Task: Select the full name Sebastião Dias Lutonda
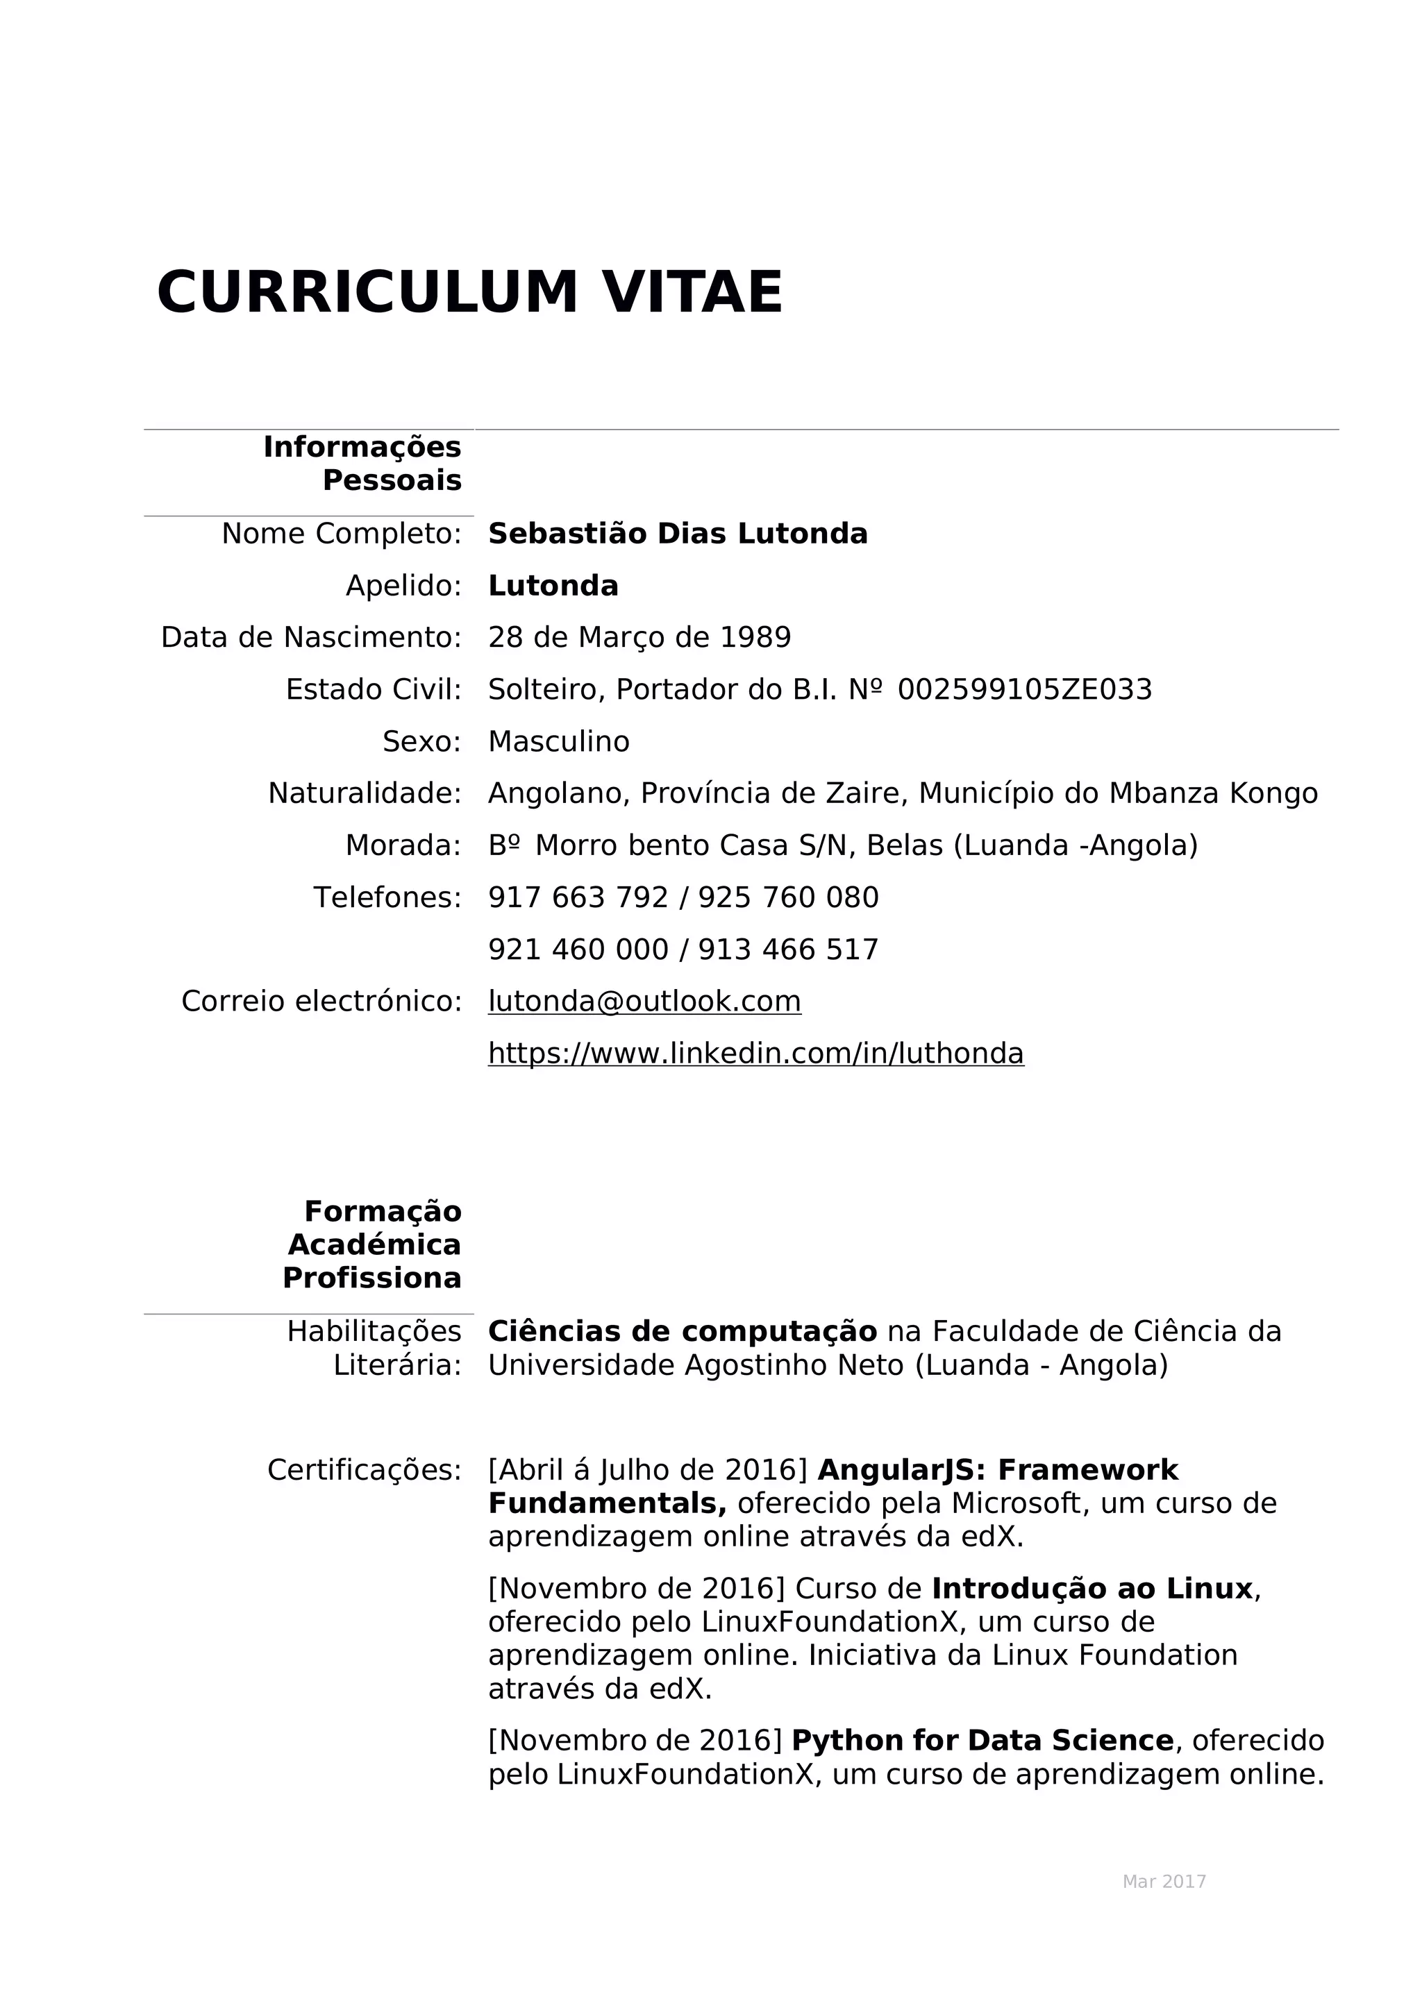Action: tap(677, 533)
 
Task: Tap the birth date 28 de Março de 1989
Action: tap(639, 637)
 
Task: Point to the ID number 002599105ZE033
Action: tap(1024, 690)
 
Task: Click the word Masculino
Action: tap(559, 741)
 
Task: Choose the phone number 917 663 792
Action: tap(578, 897)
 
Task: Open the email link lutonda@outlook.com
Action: tap(644, 1001)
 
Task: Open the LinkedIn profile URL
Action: tap(755, 1052)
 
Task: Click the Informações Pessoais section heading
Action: tap(362, 463)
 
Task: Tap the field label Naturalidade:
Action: tap(365, 793)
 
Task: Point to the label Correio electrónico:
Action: tap(321, 1001)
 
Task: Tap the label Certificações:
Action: tap(365, 1470)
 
